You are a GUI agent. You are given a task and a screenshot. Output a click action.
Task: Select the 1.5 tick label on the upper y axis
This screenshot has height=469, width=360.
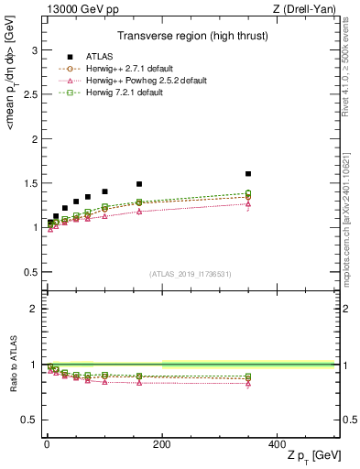pyautogui.click(x=32, y=182)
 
